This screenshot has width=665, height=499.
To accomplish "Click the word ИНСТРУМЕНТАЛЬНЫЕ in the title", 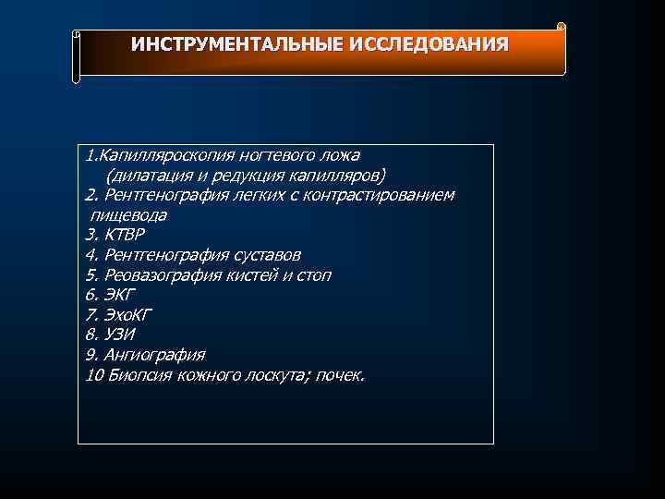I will [x=237, y=44].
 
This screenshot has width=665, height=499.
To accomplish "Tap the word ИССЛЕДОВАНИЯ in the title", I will [x=429, y=44].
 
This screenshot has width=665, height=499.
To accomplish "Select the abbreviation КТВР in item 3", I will [x=125, y=235].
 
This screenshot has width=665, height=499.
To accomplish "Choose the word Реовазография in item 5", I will [x=163, y=275].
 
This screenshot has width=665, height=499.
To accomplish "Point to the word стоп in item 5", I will [x=313, y=275].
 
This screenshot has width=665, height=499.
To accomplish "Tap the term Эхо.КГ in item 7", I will [x=127, y=315].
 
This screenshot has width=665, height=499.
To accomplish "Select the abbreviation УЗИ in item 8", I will [x=120, y=335].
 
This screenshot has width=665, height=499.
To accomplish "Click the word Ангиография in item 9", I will [x=154, y=355].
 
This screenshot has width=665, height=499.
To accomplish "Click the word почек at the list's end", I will [x=341, y=375].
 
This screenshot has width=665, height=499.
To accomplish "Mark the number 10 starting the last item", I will [x=93, y=375].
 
